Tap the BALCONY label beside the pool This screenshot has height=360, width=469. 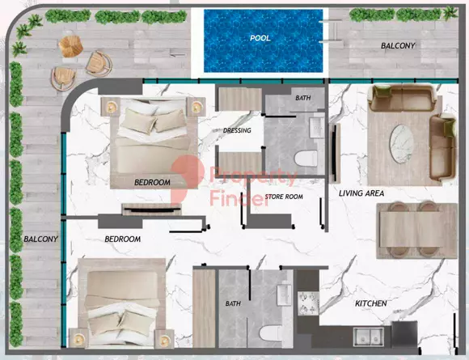tap(398, 46)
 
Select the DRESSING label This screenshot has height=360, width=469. tap(237, 130)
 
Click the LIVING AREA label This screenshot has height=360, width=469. tap(361, 193)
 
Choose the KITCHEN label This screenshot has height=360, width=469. tap(371, 303)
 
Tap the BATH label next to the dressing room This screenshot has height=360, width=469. tap(302, 98)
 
